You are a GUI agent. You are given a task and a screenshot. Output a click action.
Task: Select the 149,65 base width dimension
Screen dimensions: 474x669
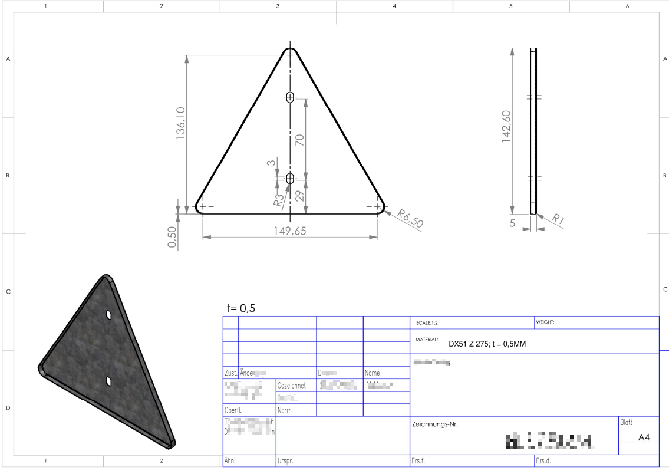click(290, 231)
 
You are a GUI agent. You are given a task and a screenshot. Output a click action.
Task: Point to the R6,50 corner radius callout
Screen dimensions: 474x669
click(410, 218)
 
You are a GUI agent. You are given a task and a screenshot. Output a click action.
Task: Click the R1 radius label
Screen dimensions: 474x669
click(558, 220)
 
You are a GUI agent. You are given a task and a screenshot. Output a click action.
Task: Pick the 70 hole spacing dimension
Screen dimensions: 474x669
click(299, 140)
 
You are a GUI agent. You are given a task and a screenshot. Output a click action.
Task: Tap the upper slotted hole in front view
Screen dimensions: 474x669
click(289, 98)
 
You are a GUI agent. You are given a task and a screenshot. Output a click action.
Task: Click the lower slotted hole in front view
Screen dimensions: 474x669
click(289, 179)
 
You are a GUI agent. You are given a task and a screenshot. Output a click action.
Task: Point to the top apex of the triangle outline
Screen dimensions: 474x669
click(289, 50)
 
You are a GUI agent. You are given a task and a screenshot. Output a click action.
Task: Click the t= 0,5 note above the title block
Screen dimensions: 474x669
click(241, 308)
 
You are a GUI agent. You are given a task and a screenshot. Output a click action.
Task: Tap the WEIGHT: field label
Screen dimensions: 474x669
click(546, 322)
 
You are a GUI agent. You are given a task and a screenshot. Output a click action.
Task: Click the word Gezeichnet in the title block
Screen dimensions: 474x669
click(291, 386)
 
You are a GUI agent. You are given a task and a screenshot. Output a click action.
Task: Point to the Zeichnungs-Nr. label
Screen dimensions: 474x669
click(434, 424)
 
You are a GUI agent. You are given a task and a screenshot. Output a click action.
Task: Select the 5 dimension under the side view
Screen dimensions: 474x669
click(512, 223)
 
